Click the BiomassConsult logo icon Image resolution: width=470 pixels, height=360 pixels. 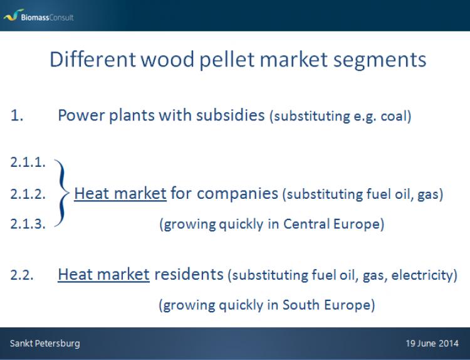[13, 15]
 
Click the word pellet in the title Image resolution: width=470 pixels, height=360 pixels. [227, 60]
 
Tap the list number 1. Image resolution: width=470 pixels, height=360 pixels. [17, 115]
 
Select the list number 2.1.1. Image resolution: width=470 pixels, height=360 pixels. [28, 162]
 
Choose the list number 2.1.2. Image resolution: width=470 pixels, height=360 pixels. [28, 194]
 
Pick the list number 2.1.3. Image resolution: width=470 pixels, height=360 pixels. [28, 224]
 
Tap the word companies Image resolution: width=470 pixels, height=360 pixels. [238, 194]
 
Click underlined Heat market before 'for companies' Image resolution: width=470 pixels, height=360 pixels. [120, 194]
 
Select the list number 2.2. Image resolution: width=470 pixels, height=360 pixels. [22, 275]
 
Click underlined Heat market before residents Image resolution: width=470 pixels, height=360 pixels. [103, 275]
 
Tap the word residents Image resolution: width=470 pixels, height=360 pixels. [189, 275]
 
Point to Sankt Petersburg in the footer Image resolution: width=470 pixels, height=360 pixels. [45, 344]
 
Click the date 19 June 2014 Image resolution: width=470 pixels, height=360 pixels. [432, 344]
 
